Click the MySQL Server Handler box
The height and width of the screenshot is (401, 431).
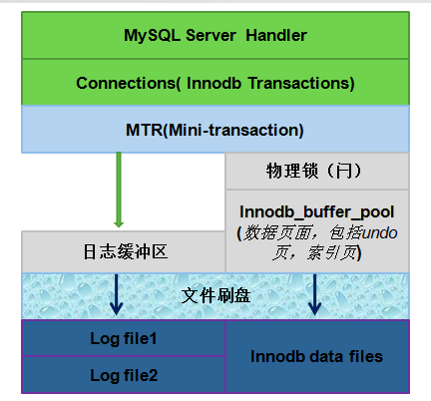click(215, 36)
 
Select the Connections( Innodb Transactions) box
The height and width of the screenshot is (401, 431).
click(215, 84)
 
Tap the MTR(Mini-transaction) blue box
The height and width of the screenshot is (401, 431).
click(215, 130)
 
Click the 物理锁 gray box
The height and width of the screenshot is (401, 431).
click(316, 172)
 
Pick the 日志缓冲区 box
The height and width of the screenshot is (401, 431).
click(124, 250)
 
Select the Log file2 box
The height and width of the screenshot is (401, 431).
click(124, 375)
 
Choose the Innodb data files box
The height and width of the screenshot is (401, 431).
click(316, 356)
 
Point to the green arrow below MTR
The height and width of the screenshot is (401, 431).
click(119, 190)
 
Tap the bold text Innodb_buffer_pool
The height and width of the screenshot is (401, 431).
click(316, 211)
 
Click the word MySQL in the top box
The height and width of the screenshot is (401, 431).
click(148, 36)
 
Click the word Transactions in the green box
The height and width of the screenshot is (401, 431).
click(295, 84)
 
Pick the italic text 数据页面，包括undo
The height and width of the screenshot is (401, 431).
click(316, 233)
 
